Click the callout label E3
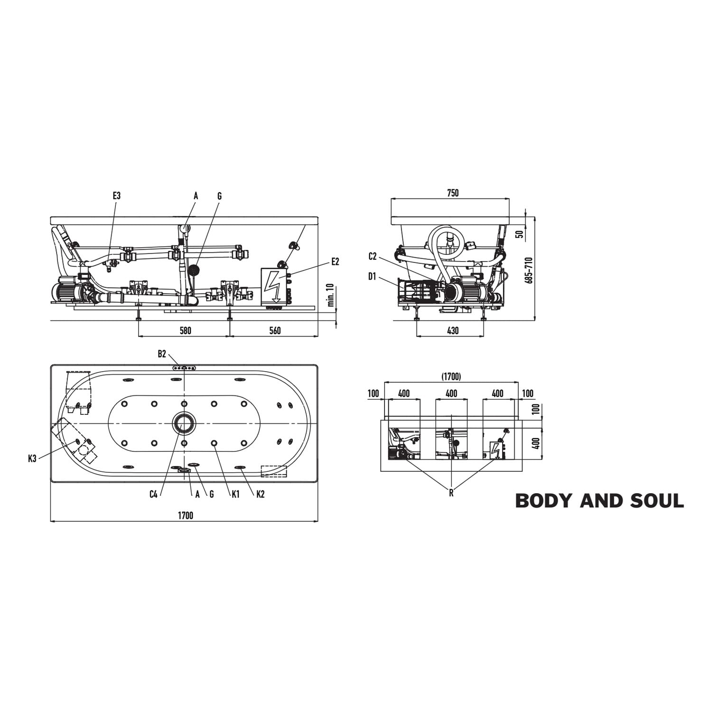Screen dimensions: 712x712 pyautogui.click(x=117, y=196)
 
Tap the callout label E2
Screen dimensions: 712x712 pyautogui.click(x=335, y=262)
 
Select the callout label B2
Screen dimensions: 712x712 pyautogui.click(x=162, y=354)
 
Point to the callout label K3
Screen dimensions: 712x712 pyautogui.click(x=32, y=459)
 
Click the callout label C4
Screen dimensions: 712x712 pyautogui.click(x=153, y=495)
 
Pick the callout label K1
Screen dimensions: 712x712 pyautogui.click(x=235, y=495)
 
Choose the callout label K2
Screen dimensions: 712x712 pyautogui.click(x=260, y=495)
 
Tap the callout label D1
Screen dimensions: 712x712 pyautogui.click(x=373, y=276)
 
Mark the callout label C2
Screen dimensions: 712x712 pyautogui.click(x=373, y=257)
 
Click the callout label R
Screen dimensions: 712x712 pyautogui.click(x=451, y=493)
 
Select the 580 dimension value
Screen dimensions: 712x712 pyautogui.click(x=185, y=330)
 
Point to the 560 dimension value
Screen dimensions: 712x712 pyautogui.click(x=275, y=330)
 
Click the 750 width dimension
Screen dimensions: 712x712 pyautogui.click(x=453, y=193)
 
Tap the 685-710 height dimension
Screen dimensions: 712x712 pyautogui.click(x=529, y=271)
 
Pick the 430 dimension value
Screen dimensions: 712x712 pyautogui.click(x=453, y=330)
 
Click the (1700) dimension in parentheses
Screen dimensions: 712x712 pyautogui.click(x=451, y=376)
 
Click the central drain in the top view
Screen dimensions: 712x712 pyautogui.click(x=184, y=422)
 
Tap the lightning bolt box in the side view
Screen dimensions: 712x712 pyautogui.click(x=274, y=286)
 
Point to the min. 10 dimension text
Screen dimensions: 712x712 pyautogui.click(x=331, y=296)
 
